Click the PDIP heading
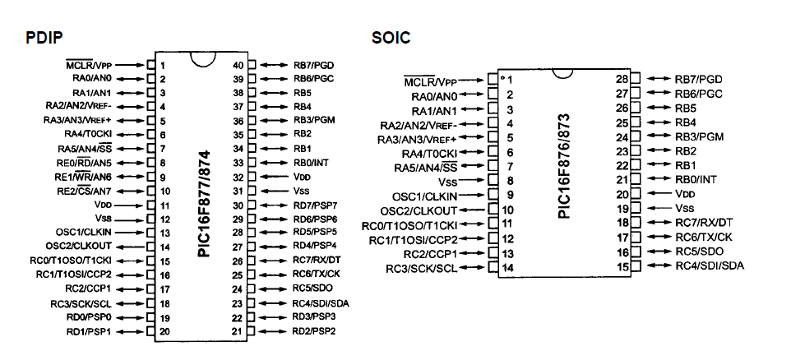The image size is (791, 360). click(x=44, y=39)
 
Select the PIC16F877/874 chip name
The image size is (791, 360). click(x=203, y=203)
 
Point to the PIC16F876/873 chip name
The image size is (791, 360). click(x=564, y=165)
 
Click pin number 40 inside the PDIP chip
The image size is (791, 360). click(x=238, y=65)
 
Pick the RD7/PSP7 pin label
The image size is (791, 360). click(x=315, y=205)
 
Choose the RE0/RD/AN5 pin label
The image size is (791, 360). click(x=84, y=163)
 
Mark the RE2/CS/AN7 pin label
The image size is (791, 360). click(x=84, y=191)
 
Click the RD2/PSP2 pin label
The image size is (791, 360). click(x=314, y=331)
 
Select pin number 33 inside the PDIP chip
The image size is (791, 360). click(x=238, y=163)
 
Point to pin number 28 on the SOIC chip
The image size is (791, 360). click(x=622, y=79)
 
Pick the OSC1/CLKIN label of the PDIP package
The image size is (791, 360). click(x=84, y=233)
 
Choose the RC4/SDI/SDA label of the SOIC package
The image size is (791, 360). click(x=710, y=265)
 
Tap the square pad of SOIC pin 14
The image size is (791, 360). click(x=493, y=268)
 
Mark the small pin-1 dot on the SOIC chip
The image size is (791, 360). click(x=502, y=78)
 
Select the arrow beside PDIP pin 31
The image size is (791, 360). click(x=275, y=191)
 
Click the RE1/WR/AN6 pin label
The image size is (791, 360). click(x=84, y=177)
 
